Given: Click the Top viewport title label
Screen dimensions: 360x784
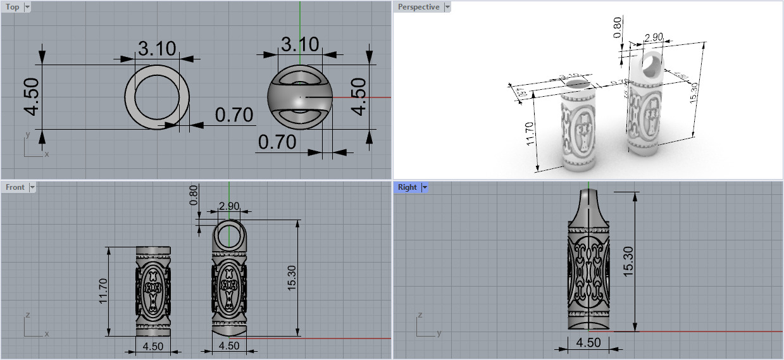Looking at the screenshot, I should coord(12,7).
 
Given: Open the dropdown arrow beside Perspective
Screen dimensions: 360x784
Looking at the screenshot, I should coord(447,7).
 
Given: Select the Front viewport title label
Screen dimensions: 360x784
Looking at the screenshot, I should coord(15,187).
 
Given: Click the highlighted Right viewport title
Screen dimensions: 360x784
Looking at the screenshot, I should coord(407,187).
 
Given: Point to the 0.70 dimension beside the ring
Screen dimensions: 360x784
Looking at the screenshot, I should coord(233,115).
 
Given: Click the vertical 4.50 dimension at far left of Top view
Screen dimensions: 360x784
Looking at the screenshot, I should coord(32,97).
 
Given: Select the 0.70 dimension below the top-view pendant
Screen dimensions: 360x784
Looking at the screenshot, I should coord(277,142).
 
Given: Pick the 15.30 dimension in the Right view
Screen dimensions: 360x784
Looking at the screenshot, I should coord(628,261).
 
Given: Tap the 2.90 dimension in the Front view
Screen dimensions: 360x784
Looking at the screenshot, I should coord(228,206).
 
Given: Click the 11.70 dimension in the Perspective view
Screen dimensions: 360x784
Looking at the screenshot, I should coord(530,133).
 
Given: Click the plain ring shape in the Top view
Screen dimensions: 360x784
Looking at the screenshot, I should coord(157,97).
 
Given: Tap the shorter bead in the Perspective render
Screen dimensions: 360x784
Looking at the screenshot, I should coord(579,127).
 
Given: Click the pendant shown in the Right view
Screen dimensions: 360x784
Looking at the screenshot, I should coord(588,266).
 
